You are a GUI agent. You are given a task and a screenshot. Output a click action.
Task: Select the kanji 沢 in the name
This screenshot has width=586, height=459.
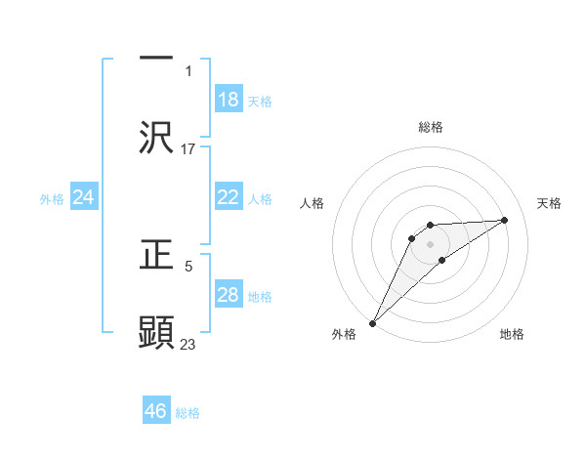click(x=156, y=138)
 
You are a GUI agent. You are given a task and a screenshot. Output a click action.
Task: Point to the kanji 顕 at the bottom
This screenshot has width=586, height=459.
click(x=156, y=332)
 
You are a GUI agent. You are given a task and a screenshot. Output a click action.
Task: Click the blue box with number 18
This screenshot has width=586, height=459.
click(x=229, y=100)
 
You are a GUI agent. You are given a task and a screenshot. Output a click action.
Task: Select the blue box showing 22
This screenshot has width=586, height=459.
click(x=229, y=197)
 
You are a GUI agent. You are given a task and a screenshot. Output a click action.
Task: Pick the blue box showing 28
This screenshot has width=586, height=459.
click(x=229, y=295)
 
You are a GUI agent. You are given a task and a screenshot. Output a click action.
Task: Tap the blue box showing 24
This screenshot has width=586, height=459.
click(x=84, y=197)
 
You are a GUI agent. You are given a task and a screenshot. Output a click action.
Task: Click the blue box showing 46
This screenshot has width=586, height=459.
click(x=156, y=411)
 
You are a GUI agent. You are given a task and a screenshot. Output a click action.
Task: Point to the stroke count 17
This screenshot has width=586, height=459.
click(x=188, y=149)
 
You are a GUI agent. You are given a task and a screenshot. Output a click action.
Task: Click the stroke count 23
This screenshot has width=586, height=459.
click(x=188, y=344)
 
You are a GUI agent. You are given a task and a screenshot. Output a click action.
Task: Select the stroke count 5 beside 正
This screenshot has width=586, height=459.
click(x=188, y=265)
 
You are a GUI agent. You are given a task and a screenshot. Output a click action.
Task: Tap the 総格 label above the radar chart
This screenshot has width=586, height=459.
click(x=431, y=127)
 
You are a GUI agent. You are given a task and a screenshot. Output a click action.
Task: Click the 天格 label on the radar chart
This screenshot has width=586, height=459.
click(x=549, y=203)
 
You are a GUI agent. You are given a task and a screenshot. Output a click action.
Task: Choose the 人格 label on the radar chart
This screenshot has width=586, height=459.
click(x=312, y=203)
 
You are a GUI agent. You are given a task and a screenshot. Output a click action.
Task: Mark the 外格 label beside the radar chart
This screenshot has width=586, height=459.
click(x=343, y=334)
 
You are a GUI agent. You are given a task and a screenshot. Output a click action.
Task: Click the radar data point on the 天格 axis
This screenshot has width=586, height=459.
click(x=505, y=220)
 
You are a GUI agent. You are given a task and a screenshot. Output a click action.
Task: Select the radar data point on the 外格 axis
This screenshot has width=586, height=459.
click(x=372, y=322)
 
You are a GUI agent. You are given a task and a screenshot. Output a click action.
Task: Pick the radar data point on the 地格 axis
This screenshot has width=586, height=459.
click(x=442, y=260)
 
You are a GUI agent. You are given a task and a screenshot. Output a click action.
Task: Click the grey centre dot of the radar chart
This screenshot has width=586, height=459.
click(x=431, y=243)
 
